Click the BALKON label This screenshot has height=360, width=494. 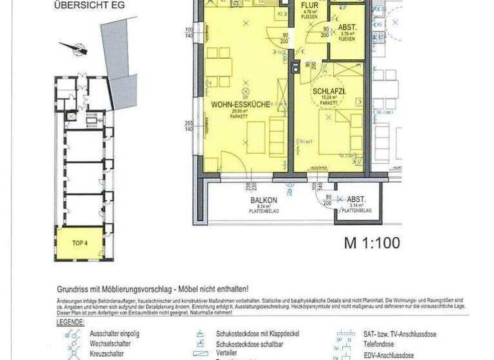pyautogui.click(x=264, y=201)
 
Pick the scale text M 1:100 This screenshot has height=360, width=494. pyautogui.click(x=372, y=243)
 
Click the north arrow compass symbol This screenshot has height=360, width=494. pyautogui.click(x=76, y=48)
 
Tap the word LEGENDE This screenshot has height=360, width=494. pyautogui.click(x=70, y=322)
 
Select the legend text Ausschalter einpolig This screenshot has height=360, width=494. pyautogui.click(x=114, y=334)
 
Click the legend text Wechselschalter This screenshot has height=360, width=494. pyautogui.click(x=107, y=344)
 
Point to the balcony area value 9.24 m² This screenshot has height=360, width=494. pyautogui.click(x=264, y=206)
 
